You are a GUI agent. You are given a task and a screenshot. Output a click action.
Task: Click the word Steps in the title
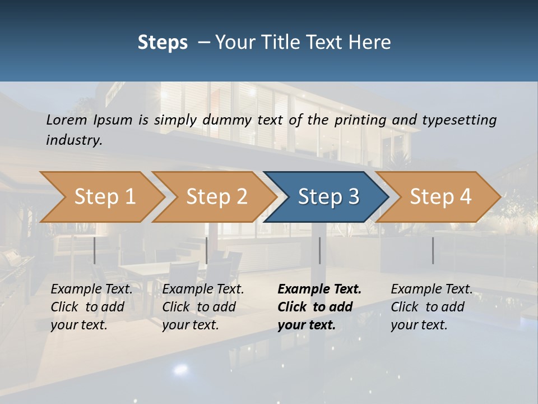163,43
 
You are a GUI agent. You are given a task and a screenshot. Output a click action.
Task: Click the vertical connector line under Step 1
95,250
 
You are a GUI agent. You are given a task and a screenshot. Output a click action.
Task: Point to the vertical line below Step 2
207,250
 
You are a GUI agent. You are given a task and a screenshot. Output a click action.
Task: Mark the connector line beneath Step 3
320,250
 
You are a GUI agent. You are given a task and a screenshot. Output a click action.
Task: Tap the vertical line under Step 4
433,250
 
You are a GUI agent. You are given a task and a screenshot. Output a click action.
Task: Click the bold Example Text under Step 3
319,290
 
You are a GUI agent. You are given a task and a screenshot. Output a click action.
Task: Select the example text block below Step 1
91,307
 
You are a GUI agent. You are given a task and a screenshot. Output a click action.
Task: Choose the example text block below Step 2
203,307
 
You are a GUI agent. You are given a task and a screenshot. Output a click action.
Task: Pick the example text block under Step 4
432,307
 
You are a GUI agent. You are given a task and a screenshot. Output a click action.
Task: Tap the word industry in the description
74,140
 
